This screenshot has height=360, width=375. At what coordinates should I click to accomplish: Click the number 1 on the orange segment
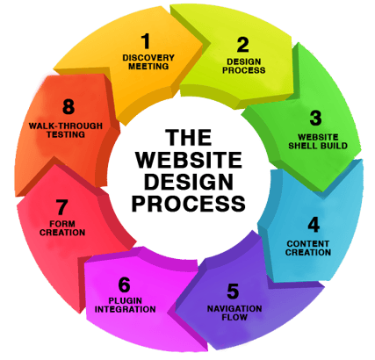[x=146, y=41]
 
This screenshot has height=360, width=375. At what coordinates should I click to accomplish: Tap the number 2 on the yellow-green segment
[x=243, y=45]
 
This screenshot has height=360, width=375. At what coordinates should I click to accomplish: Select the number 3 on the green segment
[x=315, y=118]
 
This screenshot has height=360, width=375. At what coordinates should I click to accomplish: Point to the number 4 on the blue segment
[x=314, y=225]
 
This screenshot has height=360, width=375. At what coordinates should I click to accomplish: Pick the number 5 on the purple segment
[x=233, y=292]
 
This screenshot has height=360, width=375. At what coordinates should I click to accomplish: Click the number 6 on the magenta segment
[x=125, y=284]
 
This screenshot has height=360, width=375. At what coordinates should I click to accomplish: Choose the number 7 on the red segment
[x=61, y=207]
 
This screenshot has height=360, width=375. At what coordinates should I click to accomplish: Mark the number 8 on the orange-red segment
[x=69, y=106]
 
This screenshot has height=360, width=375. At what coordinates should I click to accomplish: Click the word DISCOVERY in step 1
[x=148, y=58]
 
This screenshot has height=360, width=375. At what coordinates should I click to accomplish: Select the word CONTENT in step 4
[x=308, y=243]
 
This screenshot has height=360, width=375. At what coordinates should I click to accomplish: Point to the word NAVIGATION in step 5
[x=234, y=308]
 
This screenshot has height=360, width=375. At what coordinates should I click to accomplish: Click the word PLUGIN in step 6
[x=126, y=300]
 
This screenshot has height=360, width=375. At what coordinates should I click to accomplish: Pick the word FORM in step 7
[x=62, y=224]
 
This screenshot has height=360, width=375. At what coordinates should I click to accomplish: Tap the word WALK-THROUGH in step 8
[x=66, y=126]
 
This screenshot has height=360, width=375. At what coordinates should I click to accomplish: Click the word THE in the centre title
[x=189, y=138]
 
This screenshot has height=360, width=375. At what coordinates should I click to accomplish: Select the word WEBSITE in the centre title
[x=189, y=160]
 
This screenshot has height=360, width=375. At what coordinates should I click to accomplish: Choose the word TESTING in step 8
[x=66, y=134]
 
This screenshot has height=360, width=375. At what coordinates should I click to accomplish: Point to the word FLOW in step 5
[x=234, y=317]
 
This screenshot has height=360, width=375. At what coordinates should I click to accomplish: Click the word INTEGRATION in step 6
[x=126, y=309]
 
